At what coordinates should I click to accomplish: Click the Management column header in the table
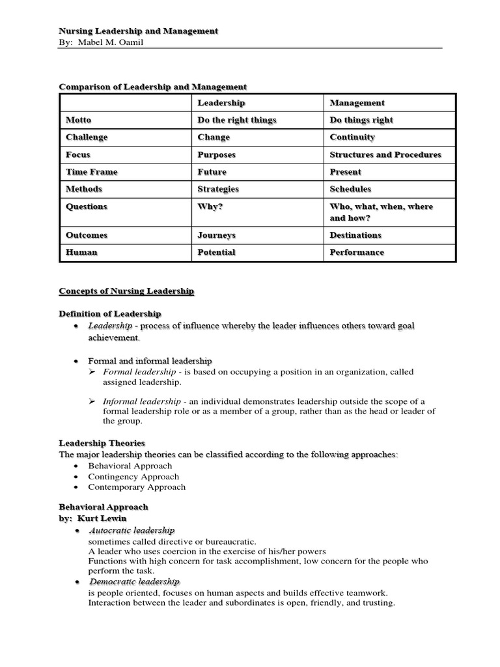coord(357,103)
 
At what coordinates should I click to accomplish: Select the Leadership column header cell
coord(221,103)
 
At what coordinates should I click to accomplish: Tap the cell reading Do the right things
coord(237,120)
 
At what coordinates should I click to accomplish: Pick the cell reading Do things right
coord(361,120)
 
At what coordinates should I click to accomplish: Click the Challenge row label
coord(87,137)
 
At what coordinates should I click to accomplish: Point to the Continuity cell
coord(352,137)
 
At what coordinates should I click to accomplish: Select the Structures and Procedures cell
coord(385,155)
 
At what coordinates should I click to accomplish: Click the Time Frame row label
coord(92,172)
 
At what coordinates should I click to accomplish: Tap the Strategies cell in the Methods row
coord(218,189)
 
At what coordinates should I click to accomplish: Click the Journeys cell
coord(217,235)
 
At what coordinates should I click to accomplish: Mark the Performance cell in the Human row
coord(357,252)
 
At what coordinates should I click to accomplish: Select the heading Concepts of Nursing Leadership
coord(126,291)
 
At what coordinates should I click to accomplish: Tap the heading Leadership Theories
coord(102,443)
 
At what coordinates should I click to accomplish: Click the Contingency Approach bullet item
coord(133,476)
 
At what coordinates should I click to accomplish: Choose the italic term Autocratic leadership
coord(132,531)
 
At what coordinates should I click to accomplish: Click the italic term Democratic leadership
coord(134,582)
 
